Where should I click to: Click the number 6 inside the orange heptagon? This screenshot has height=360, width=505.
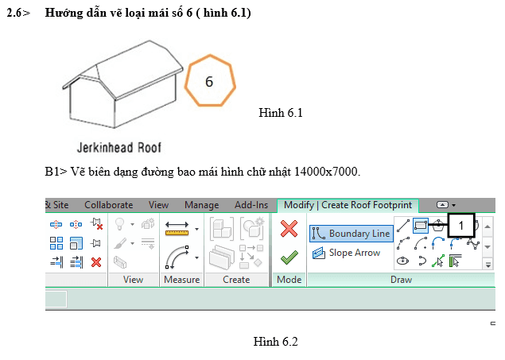click(209, 81)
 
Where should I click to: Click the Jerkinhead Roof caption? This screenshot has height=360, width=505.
click(118, 148)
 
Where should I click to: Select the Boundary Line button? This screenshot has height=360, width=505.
click(352, 233)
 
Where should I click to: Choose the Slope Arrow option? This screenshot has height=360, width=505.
click(346, 253)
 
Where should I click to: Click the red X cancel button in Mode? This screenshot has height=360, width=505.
click(289, 229)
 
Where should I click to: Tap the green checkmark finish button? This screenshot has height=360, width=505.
click(289, 257)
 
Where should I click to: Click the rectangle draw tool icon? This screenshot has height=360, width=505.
click(420, 225)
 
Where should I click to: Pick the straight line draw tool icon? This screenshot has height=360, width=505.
click(403, 225)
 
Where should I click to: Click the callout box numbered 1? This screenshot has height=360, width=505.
click(461, 226)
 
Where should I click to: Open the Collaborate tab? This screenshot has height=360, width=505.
click(108, 205)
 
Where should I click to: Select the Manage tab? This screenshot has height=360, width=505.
click(202, 205)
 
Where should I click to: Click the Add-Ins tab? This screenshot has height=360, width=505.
click(251, 205)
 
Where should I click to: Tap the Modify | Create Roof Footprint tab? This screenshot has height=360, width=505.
click(348, 205)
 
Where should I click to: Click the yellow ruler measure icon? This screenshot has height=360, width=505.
click(177, 229)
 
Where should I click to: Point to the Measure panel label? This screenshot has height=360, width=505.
click(181, 280)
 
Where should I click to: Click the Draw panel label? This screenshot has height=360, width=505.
click(401, 280)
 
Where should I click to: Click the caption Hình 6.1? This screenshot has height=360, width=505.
click(281, 113)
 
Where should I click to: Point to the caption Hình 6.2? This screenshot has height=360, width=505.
click(275, 342)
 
